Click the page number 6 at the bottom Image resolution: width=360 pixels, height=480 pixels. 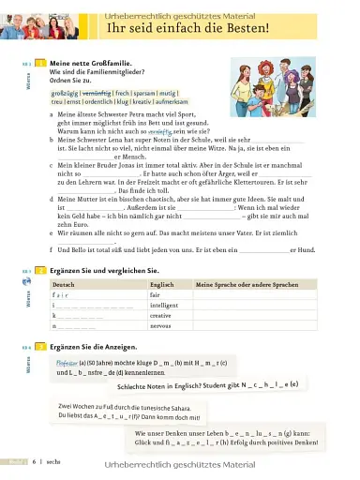34,462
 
